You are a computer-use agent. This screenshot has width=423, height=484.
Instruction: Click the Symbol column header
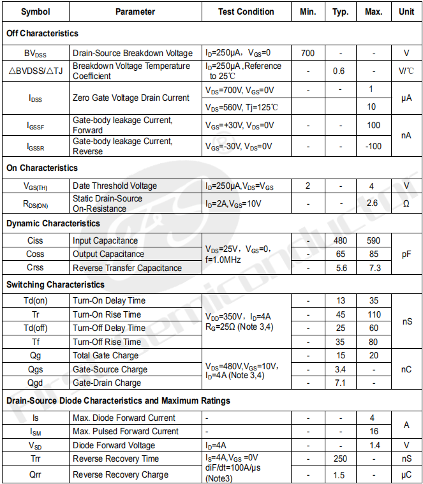pos(35,11)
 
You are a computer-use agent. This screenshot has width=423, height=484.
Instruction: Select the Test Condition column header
pos(246,11)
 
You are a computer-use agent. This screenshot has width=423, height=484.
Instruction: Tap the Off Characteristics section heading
pos(42,33)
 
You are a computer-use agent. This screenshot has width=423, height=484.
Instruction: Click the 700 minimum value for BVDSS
pos(308,53)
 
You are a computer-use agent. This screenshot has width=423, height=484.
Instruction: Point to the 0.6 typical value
pos(339,71)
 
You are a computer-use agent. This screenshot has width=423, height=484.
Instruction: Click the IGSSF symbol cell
pos(35,125)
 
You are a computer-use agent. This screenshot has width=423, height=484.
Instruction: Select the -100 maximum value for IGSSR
pos(373,146)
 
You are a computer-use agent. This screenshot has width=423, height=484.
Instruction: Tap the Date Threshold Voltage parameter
pos(115,186)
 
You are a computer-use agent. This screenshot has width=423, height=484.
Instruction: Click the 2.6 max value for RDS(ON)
pos(373,203)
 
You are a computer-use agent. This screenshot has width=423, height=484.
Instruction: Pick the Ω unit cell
pos(406,203)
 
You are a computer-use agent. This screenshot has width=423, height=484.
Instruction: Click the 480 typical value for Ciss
pos(340,240)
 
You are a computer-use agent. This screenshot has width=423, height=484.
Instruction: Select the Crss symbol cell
pos(35,268)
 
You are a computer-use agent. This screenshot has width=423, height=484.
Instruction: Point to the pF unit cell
pos(406,254)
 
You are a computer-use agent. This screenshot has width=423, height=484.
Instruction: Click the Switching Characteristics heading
pos(55,284)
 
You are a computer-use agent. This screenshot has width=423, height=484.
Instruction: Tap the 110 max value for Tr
pos(374,314)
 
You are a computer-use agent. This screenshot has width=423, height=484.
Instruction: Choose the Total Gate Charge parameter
pos(106,355)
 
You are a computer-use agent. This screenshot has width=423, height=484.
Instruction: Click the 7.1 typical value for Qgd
pos(340,383)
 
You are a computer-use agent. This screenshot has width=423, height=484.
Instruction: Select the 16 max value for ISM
pos(374,431)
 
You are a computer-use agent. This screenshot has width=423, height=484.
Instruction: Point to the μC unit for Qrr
pos(406,474)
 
